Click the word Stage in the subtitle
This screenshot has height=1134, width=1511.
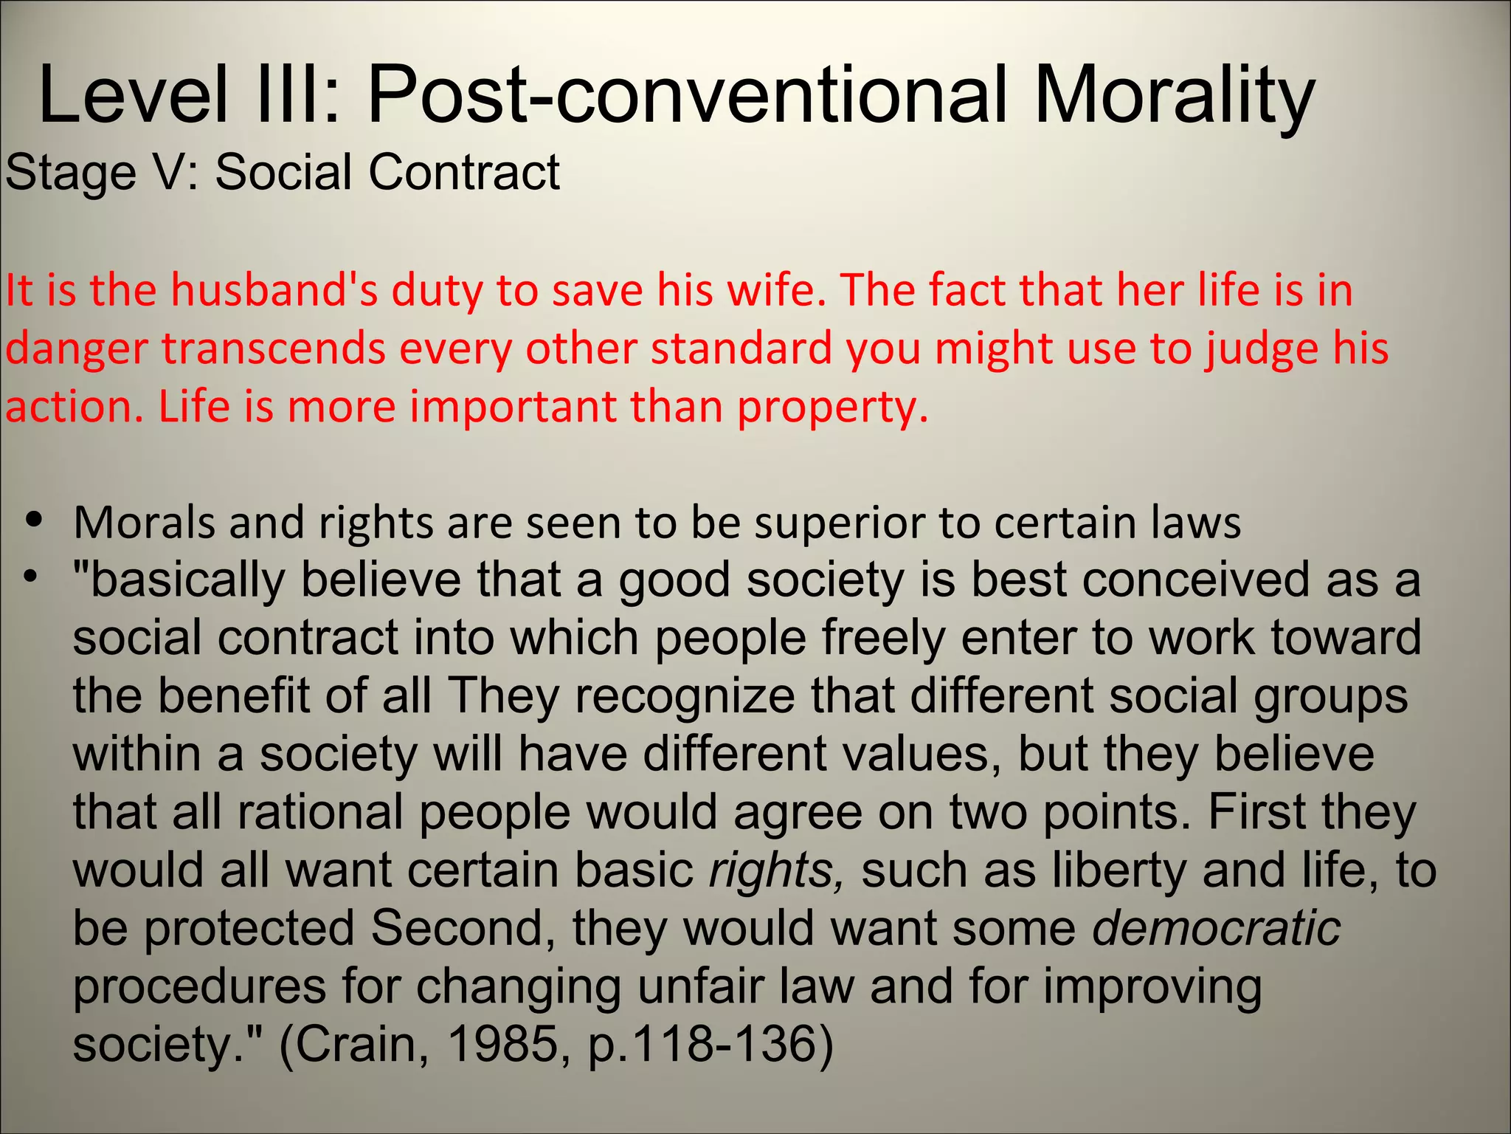point(71,173)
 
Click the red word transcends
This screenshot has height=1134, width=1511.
point(274,348)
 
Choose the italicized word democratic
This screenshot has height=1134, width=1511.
point(1216,928)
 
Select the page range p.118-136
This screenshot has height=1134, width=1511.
point(708,1044)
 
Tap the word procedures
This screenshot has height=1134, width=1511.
point(199,987)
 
